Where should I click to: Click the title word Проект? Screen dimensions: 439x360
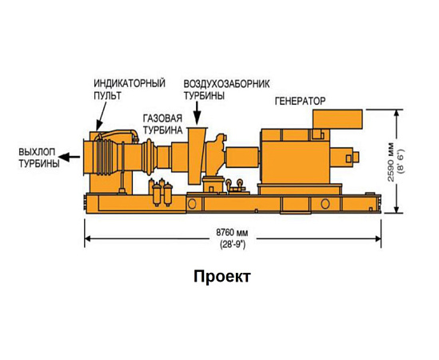point(221,277)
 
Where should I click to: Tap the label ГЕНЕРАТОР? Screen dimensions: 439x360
point(300,101)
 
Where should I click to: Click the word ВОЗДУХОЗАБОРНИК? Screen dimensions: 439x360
point(226,83)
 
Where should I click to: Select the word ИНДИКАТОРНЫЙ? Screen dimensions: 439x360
point(130,83)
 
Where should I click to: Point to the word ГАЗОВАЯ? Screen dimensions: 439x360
point(162,118)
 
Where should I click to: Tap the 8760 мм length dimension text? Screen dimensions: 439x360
point(232,232)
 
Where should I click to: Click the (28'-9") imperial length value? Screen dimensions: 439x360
point(233,245)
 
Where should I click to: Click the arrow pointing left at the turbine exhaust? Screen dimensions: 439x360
point(70,157)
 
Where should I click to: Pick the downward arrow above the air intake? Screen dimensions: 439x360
point(198,113)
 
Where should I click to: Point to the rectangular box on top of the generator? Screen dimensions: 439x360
point(337,119)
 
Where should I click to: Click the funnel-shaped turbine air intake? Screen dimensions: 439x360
point(197,156)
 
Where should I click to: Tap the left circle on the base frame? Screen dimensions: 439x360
point(192,204)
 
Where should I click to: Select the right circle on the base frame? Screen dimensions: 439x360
point(325,204)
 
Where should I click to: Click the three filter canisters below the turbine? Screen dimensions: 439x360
point(162,192)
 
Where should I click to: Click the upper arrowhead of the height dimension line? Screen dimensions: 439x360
point(396,113)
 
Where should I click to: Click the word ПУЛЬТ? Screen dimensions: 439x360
point(107,95)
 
